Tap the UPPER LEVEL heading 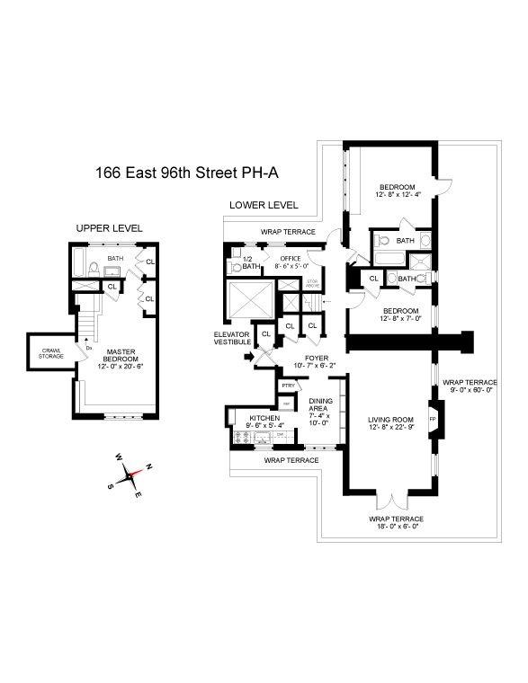[x=109, y=228]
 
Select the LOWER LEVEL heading [x=263, y=205]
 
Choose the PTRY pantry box [x=287, y=386]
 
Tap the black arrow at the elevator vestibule [x=249, y=356]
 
